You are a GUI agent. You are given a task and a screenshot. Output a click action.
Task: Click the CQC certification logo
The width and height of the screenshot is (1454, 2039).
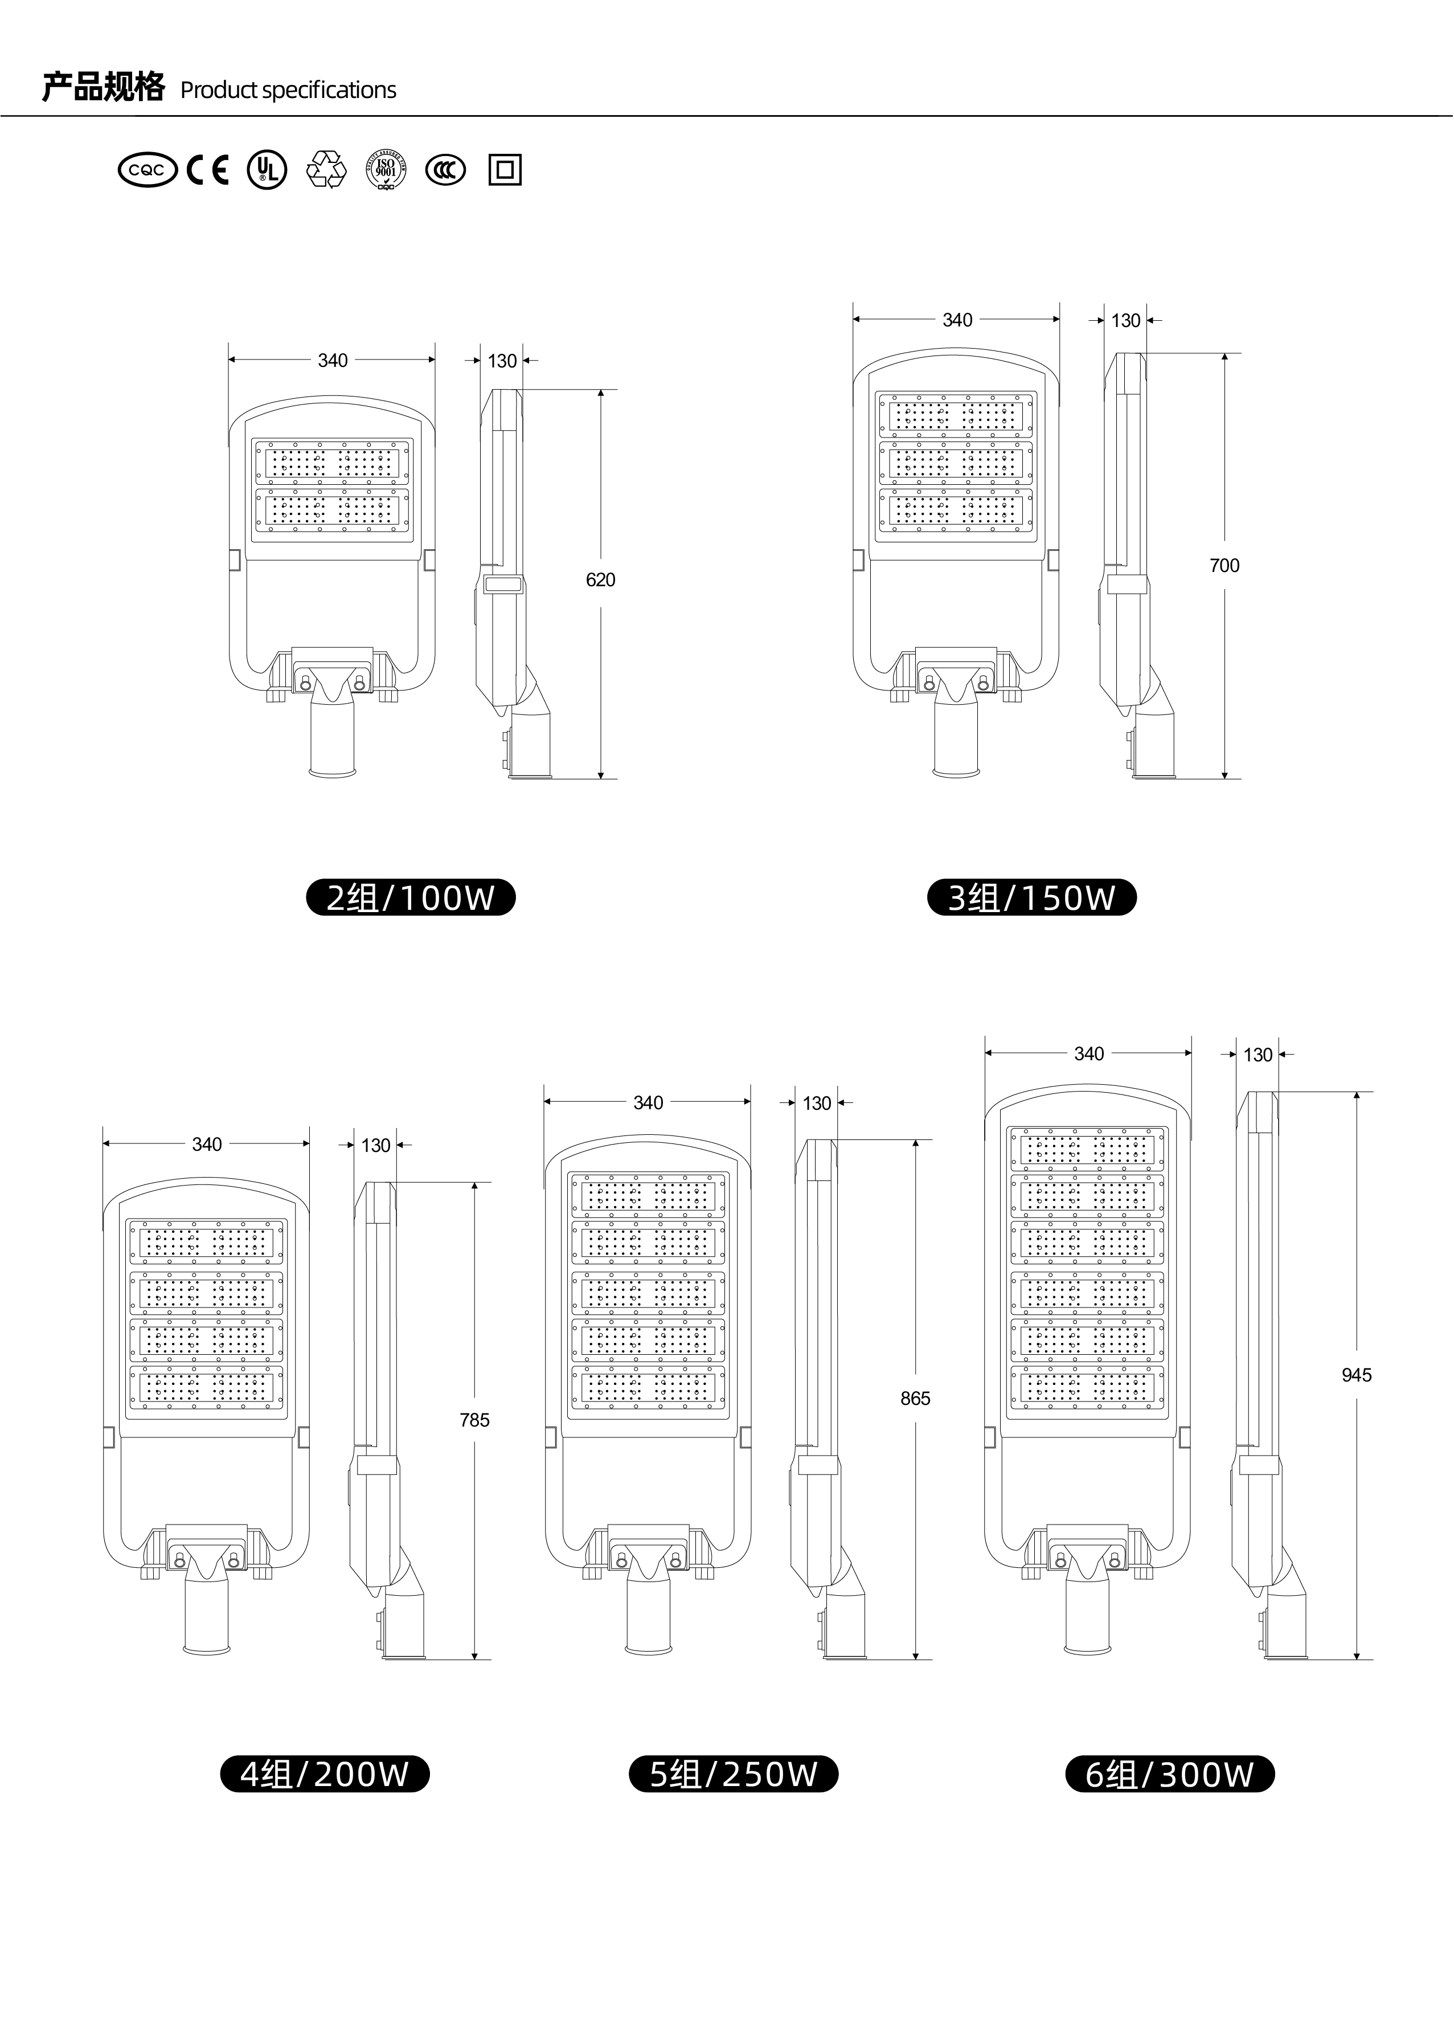(x=148, y=169)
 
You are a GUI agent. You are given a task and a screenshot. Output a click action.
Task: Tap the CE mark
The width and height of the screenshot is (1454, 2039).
(x=208, y=169)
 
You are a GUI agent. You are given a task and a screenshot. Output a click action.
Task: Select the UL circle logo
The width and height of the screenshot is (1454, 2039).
(x=267, y=169)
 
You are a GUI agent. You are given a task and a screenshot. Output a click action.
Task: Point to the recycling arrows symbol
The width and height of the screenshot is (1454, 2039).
(x=326, y=169)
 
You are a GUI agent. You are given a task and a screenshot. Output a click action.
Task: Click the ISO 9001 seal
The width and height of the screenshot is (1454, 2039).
(x=386, y=169)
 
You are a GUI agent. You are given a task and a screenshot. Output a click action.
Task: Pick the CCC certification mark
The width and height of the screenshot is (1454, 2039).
(x=445, y=169)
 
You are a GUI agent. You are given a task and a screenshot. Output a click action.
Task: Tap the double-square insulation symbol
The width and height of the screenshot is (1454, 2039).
(x=505, y=169)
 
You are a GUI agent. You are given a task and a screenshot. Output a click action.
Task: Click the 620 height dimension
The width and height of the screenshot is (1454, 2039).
(x=601, y=581)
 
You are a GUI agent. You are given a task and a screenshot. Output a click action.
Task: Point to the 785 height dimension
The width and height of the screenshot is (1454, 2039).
(x=474, y=1420)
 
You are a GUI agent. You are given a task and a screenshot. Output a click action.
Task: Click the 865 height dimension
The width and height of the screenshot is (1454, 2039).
(x=916, y=1399)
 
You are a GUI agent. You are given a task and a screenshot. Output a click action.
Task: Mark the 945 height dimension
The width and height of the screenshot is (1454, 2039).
(x=1357, y=1375)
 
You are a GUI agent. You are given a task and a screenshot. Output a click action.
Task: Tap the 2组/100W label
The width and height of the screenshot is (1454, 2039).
(x=411, y=897)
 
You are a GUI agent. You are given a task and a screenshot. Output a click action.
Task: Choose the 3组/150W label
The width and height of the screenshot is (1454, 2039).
(x=1031, y=897)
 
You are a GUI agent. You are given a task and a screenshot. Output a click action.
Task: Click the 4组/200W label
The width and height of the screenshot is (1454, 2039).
(x=325, y=1774)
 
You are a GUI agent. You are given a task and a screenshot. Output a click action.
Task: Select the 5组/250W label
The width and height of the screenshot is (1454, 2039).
(x=734, y=1774)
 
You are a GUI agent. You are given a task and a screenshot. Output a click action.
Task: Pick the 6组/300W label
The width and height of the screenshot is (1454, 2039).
(x=1169, y=1774)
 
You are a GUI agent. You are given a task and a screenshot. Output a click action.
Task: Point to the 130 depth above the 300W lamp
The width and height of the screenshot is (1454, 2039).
(x=1258, y=1055)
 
